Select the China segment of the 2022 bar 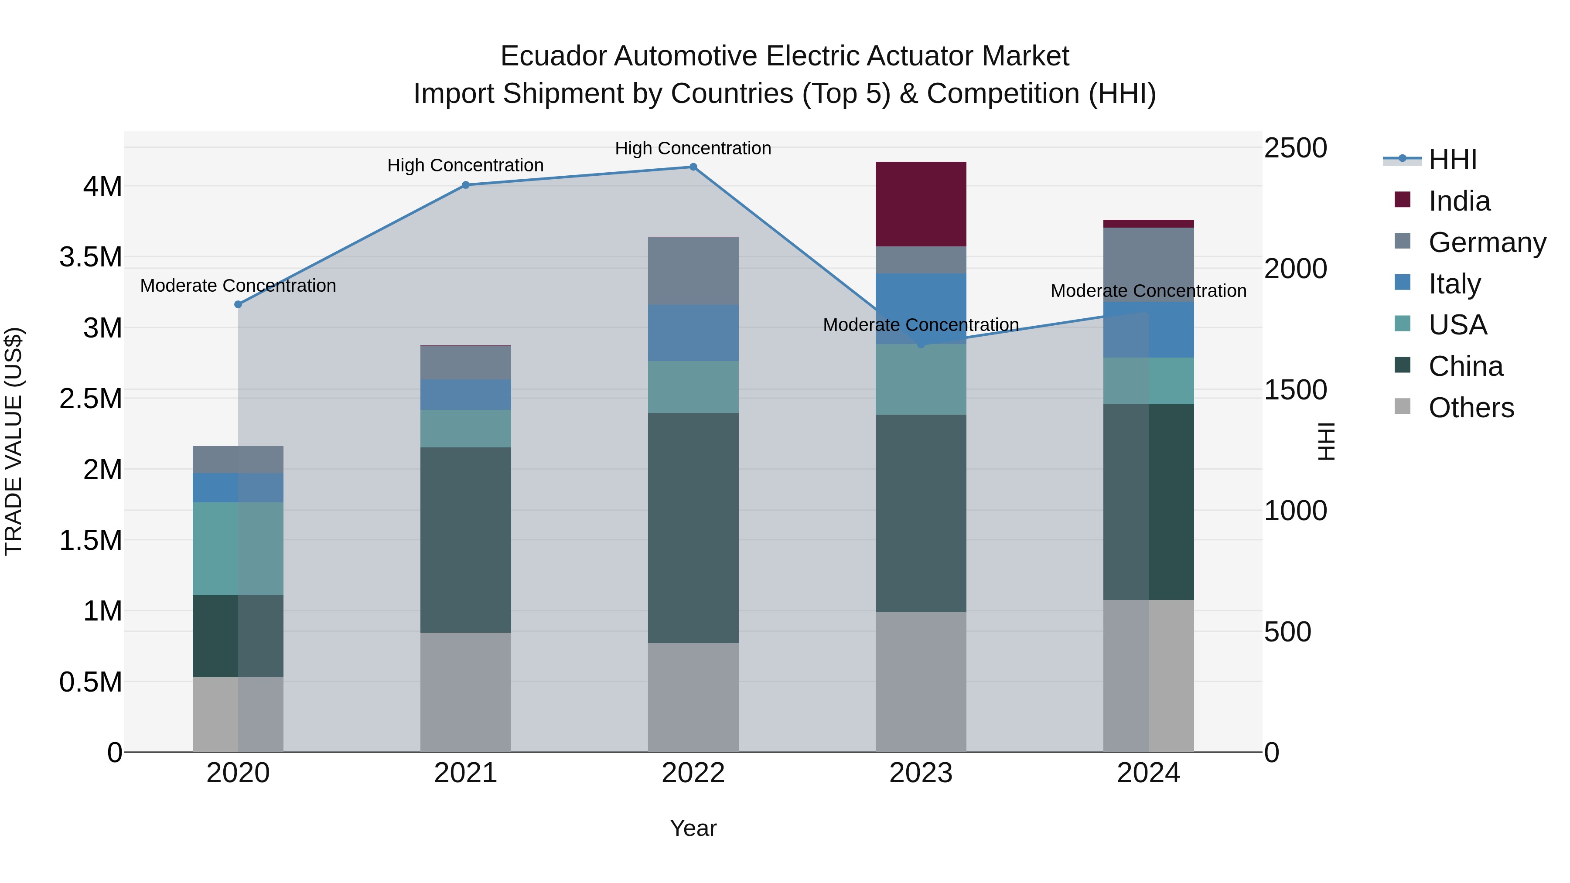pos(693,528)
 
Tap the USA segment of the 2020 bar pos(238,549)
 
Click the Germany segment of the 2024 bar pos(1148,265)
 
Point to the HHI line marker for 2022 pos(693,167)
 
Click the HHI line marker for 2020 pos(238,304)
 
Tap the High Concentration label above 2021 pos(466,165)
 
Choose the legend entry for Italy pos(1454,284)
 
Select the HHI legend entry pos(1452,160)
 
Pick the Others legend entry pos(1470,408)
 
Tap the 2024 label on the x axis pos(1148,773)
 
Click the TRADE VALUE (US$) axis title pos(14,441)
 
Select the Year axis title pos(693,828)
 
